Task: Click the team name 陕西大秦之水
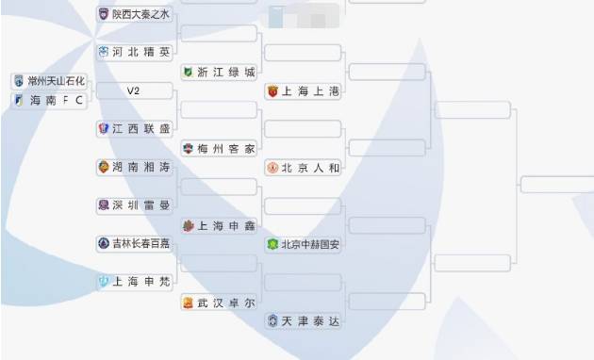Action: coord(141,14)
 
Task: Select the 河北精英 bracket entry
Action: coord(141,52)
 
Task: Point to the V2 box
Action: coord(134,91)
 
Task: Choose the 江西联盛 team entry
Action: coord(141,128)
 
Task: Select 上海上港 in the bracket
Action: coord(309,91)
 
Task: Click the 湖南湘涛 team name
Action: coord(141,167)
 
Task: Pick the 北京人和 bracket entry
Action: coord(309,168)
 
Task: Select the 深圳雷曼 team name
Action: coord(141,205)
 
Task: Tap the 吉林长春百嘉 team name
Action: coord(141,243)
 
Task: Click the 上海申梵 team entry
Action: coord(141,281)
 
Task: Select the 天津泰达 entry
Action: coord(309,321)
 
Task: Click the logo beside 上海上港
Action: coord(273,91)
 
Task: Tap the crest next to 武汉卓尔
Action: coord(189,303)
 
